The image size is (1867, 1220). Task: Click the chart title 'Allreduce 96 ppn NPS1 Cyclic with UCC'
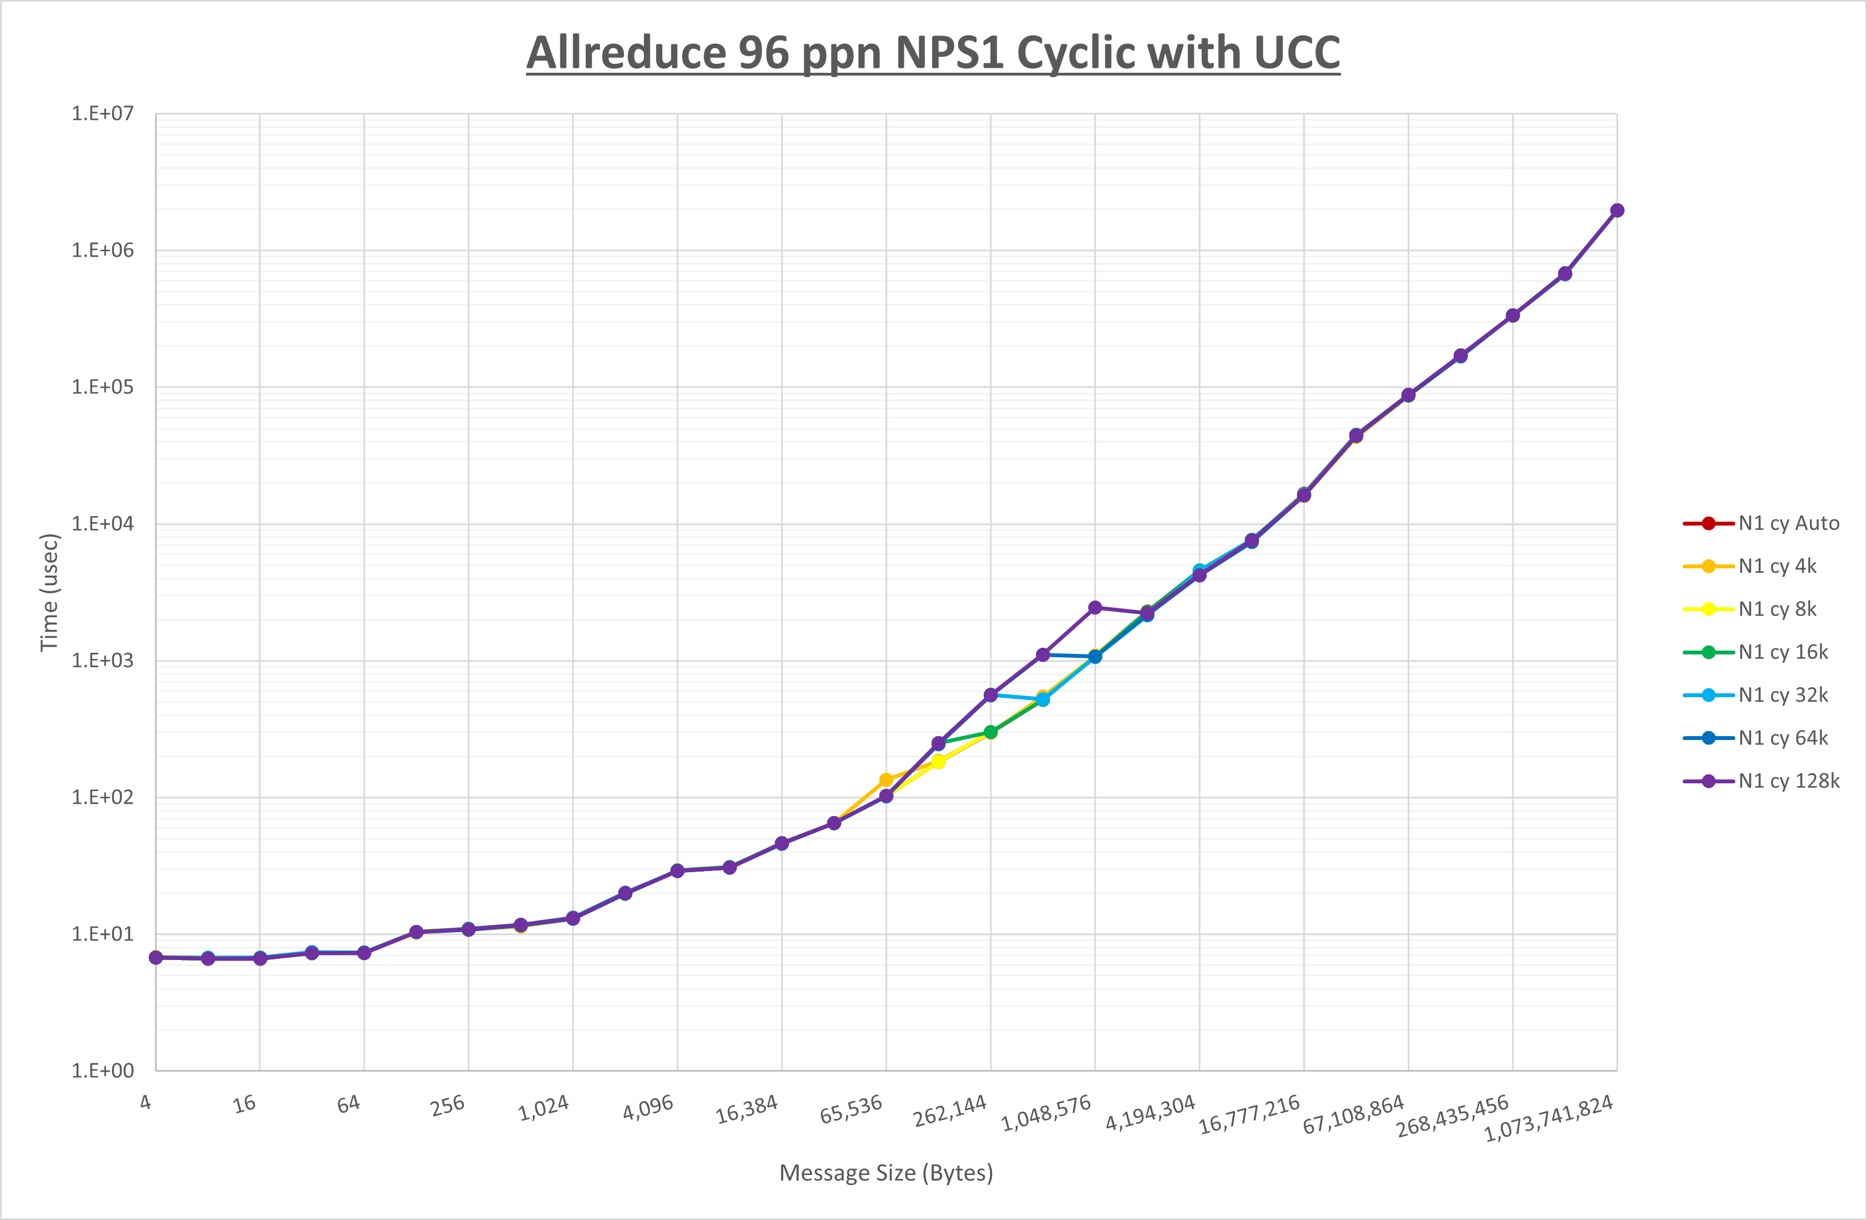click(x=933, y=53)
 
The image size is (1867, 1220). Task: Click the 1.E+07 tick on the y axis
click(x=103, y=114)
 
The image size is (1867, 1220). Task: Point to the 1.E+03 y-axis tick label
click(x=103, y=661)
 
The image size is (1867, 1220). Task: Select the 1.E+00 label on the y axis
click(x=103, y=1071)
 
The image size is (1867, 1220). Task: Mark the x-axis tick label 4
click(x=146, y=1102)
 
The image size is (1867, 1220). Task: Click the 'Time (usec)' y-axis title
click(x=49, y=592)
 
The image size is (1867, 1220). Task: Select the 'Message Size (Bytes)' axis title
click(x=885, y=1173)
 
